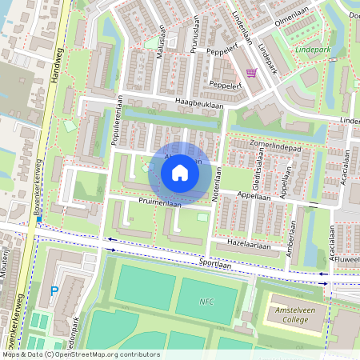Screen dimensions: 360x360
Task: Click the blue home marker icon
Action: (x=180, y=172)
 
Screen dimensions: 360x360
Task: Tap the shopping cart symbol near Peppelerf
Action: (x=251, y=73)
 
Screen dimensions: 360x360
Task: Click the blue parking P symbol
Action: (x=54, y=292)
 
